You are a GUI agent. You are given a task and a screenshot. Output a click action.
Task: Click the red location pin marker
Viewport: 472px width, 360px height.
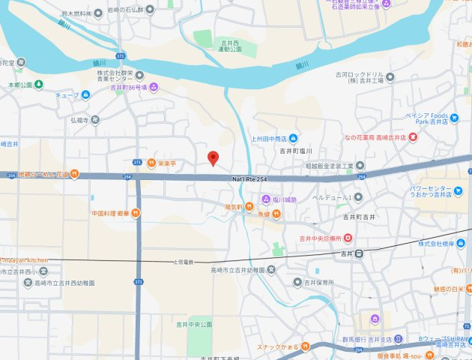click(213, 158)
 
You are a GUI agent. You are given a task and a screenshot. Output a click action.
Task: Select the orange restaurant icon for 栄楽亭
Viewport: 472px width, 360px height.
click(151, 162)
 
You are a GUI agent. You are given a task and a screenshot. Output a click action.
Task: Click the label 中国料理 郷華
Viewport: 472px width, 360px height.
click(109, 213)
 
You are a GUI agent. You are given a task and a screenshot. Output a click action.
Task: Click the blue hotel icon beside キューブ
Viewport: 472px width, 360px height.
click(85, 95)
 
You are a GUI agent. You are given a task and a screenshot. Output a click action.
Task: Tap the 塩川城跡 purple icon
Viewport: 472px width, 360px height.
click(264, 199)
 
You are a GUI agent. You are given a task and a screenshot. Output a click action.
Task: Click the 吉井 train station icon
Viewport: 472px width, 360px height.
click(359, 253)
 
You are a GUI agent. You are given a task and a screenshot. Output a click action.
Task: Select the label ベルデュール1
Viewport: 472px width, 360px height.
click(332, 196)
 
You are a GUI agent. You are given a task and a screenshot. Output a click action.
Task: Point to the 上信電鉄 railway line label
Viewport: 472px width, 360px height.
click(184, 262)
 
